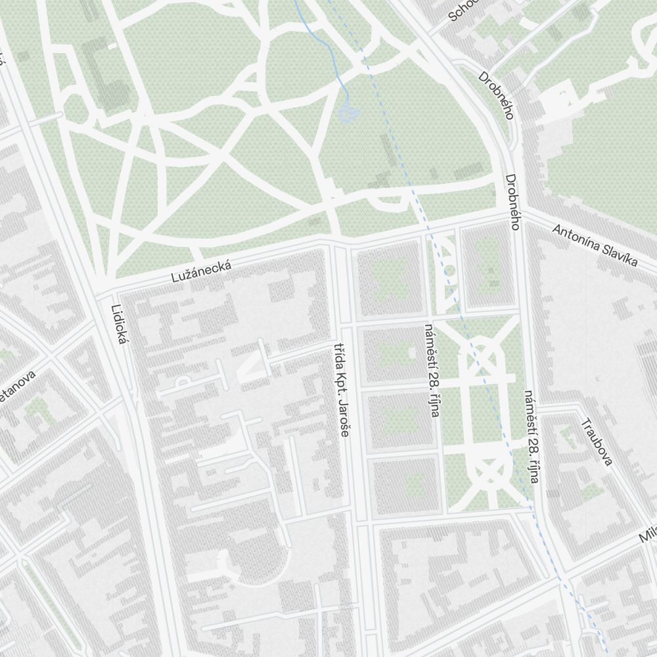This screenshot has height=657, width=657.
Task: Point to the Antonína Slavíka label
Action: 595,246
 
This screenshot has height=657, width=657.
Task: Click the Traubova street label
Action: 597,442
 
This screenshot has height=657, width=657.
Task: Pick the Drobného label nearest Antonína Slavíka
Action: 513,202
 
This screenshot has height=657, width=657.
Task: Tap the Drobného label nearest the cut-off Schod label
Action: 495,95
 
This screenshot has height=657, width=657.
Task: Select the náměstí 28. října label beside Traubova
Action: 532,437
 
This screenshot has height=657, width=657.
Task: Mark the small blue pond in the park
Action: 347,114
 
